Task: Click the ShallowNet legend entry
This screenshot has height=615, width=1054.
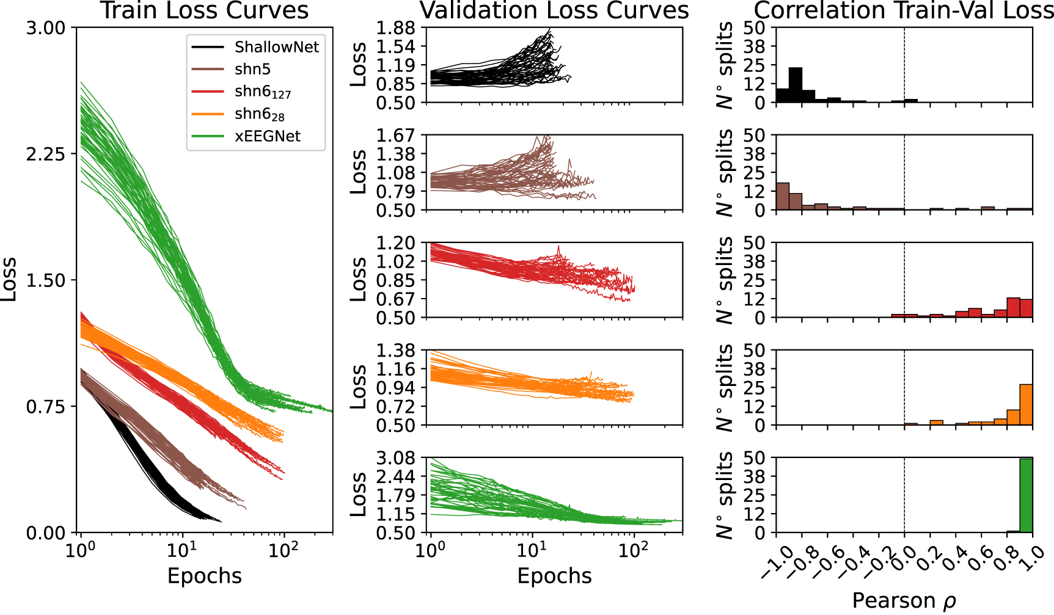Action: click(x=276, y=48)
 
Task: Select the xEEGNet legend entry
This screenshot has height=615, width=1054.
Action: click(x=267, y=136)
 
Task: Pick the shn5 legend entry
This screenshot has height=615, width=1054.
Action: click(x=252, y=70)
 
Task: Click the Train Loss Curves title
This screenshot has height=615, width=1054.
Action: click(x=205, y=11)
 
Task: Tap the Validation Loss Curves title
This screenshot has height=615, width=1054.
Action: click(x=554, y=11)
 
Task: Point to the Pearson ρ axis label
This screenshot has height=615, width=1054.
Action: click(x=904, y=601)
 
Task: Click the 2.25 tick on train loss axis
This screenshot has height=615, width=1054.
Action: click(x=45, y=154)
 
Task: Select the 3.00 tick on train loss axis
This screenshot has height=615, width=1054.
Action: click(x=45, y=28)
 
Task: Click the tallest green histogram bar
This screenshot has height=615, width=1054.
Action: click(x=1026, y=495)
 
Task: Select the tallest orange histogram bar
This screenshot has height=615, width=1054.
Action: click(x=1026, y=404)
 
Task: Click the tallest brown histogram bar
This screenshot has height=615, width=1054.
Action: click(x=782, y=196)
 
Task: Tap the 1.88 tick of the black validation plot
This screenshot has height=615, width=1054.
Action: click(x=395, y=28)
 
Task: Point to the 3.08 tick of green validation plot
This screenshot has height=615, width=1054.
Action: click(x=395, y=458)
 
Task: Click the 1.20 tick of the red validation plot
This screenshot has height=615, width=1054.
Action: click(x=395, y=243)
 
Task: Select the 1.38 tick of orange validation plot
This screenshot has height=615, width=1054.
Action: click(x=395, y=351)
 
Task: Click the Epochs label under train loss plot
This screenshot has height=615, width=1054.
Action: click(x=205, y=576)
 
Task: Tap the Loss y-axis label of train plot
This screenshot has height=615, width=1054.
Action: click(x=9, y=280)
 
